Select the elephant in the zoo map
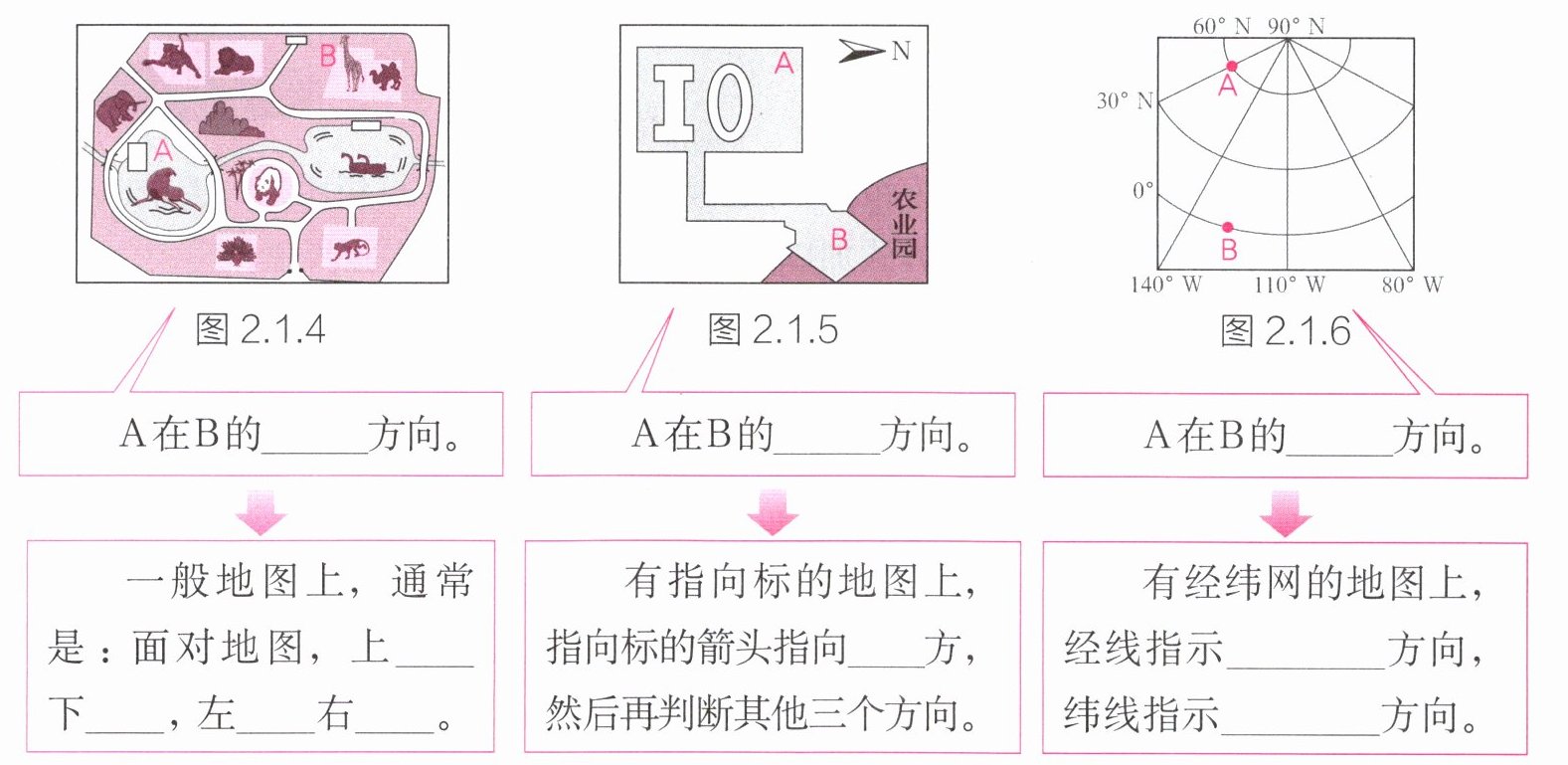119,108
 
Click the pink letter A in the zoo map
164,150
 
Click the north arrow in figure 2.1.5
861,51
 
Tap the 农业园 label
903,224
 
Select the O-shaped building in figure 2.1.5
730,101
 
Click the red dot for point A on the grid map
1231,66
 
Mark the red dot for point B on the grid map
1228,228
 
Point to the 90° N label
1296,26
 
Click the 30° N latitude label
1125,100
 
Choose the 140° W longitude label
1165,286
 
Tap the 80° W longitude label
1412,286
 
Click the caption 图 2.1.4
261,329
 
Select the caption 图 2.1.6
1285,331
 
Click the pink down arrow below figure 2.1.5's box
773,512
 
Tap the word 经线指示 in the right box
1142,649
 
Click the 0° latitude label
1142,190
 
